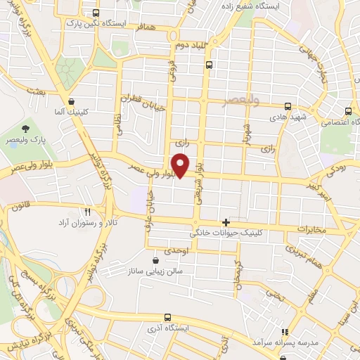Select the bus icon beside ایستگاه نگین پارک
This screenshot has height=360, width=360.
(x=96, y=13)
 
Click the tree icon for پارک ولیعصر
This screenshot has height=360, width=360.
(x=26, y=129)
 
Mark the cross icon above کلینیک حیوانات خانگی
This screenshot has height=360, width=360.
(x=226, y=222)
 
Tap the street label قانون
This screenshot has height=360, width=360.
(x=21, y=207)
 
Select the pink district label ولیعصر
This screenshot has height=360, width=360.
(x=240, y=100)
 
